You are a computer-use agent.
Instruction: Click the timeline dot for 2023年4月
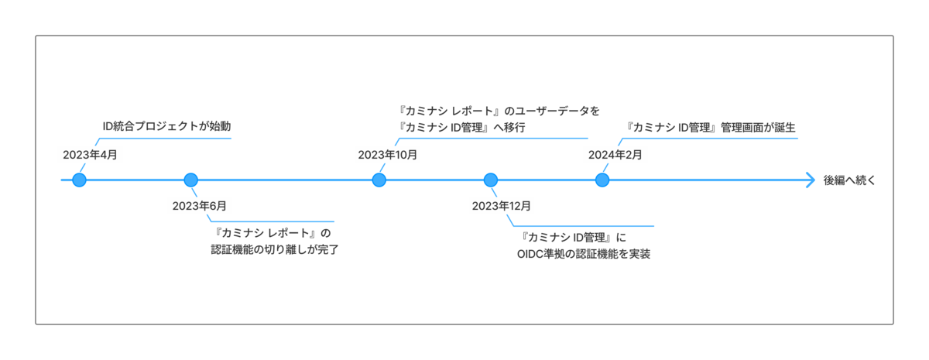point(79,180)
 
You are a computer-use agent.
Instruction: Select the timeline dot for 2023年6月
point(190,180)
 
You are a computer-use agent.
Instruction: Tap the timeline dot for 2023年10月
point(379,180)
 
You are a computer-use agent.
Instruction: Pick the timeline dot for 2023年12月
point(491,180)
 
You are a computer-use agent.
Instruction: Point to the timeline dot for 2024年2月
point(602,180)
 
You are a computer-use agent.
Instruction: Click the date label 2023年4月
point(90,155)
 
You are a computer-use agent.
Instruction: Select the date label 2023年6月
point(200,206)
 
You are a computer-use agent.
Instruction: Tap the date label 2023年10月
point(388,155)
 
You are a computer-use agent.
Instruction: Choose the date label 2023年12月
point(502,206)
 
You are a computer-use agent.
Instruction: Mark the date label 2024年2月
point(615,155)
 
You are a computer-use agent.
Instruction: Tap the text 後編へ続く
point(849,180)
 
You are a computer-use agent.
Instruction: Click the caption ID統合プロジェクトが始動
point(166,126)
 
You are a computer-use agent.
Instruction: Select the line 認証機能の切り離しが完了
point(275,249)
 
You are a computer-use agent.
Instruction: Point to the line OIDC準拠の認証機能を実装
point(584,254)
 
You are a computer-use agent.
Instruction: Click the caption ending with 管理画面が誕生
point(710,127)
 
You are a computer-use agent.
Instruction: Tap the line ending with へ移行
point(461,127)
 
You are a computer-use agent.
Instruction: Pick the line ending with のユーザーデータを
point(498,111)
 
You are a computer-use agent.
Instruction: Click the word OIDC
point(530,254)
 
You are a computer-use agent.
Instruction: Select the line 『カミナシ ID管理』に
point(573,238)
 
